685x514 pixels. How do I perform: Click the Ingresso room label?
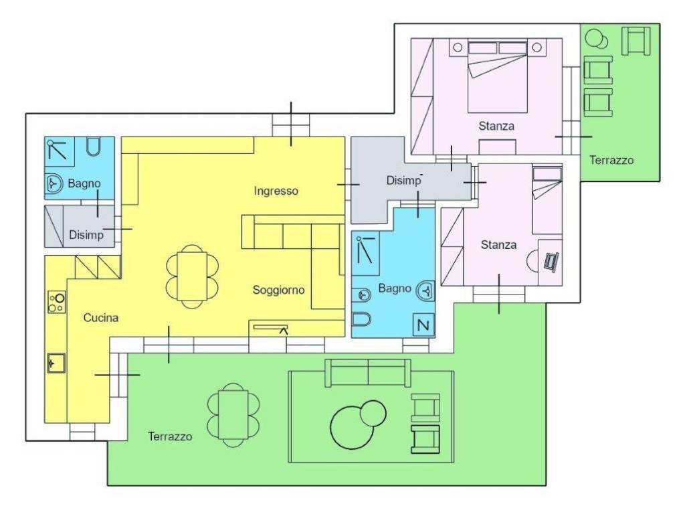276,191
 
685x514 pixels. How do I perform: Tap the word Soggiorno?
279,290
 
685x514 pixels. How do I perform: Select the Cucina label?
101,318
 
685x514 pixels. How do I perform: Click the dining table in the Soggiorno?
192,276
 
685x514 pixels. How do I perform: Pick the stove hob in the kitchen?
57,302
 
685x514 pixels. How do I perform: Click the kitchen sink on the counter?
56,363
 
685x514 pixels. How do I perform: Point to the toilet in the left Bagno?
93,147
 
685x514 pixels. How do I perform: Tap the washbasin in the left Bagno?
54,183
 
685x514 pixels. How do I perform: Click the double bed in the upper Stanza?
497,77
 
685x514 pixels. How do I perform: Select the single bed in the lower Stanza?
547,199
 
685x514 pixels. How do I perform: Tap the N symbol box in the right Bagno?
423,325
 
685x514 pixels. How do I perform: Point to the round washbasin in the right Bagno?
425,290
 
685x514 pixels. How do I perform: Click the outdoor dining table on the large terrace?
233,415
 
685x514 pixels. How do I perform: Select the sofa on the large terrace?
368,373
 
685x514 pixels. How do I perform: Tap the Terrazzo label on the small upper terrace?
611,160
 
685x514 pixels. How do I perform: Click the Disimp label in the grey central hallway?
403,180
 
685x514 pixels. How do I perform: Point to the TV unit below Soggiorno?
271,327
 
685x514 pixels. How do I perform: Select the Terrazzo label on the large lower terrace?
170,436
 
